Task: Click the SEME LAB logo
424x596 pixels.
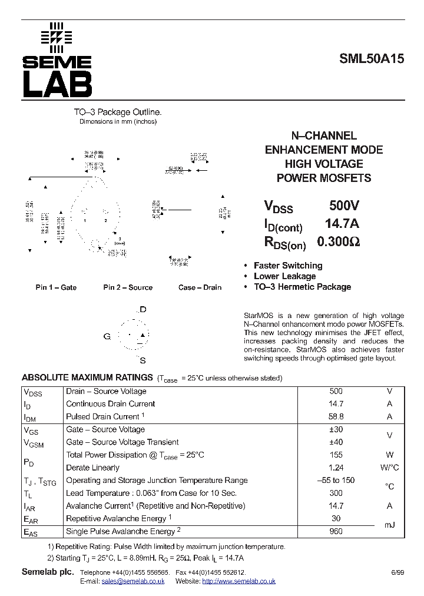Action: [57, 60]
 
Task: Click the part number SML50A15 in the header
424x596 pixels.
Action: [371, 59]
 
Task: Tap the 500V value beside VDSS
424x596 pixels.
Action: [344, 206]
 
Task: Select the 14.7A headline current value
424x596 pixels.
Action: [342, 224]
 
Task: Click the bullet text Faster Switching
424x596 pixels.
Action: [288, 266]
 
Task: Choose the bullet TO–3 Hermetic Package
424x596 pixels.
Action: [302, 287]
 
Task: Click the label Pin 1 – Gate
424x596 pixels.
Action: [56, 287]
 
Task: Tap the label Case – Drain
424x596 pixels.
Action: [200, 287]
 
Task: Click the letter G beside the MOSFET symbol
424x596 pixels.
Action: [107, 336]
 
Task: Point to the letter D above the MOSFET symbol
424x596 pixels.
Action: [143, 309]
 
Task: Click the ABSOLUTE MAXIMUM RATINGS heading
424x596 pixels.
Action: [87, 378]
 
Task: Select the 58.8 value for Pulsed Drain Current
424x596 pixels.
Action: [336, 416]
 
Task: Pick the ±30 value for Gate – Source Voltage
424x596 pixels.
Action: [336, 429]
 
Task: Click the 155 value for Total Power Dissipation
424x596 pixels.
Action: [336, 455]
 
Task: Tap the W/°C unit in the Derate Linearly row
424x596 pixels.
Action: [389, 468]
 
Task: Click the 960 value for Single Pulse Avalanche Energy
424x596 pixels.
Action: [336, 531]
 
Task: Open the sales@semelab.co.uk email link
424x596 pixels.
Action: [133, 581]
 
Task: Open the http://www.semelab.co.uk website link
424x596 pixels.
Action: [238, 581]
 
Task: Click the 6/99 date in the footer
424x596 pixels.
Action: [397, 572]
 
